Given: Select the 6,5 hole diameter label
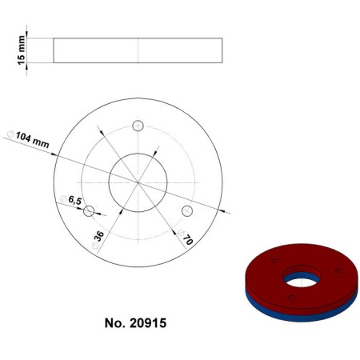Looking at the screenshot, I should [75, 202].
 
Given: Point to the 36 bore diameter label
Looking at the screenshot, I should [99, 237].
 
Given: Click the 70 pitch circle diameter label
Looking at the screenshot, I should [185, 238].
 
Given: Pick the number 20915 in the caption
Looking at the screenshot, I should [149, 324].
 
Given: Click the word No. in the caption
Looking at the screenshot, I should [115, 324].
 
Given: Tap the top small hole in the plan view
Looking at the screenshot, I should [138, 126].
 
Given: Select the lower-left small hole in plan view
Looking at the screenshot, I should [89, 210].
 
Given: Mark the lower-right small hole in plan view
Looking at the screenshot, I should [187, 211].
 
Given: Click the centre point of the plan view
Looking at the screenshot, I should [138, 182].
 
